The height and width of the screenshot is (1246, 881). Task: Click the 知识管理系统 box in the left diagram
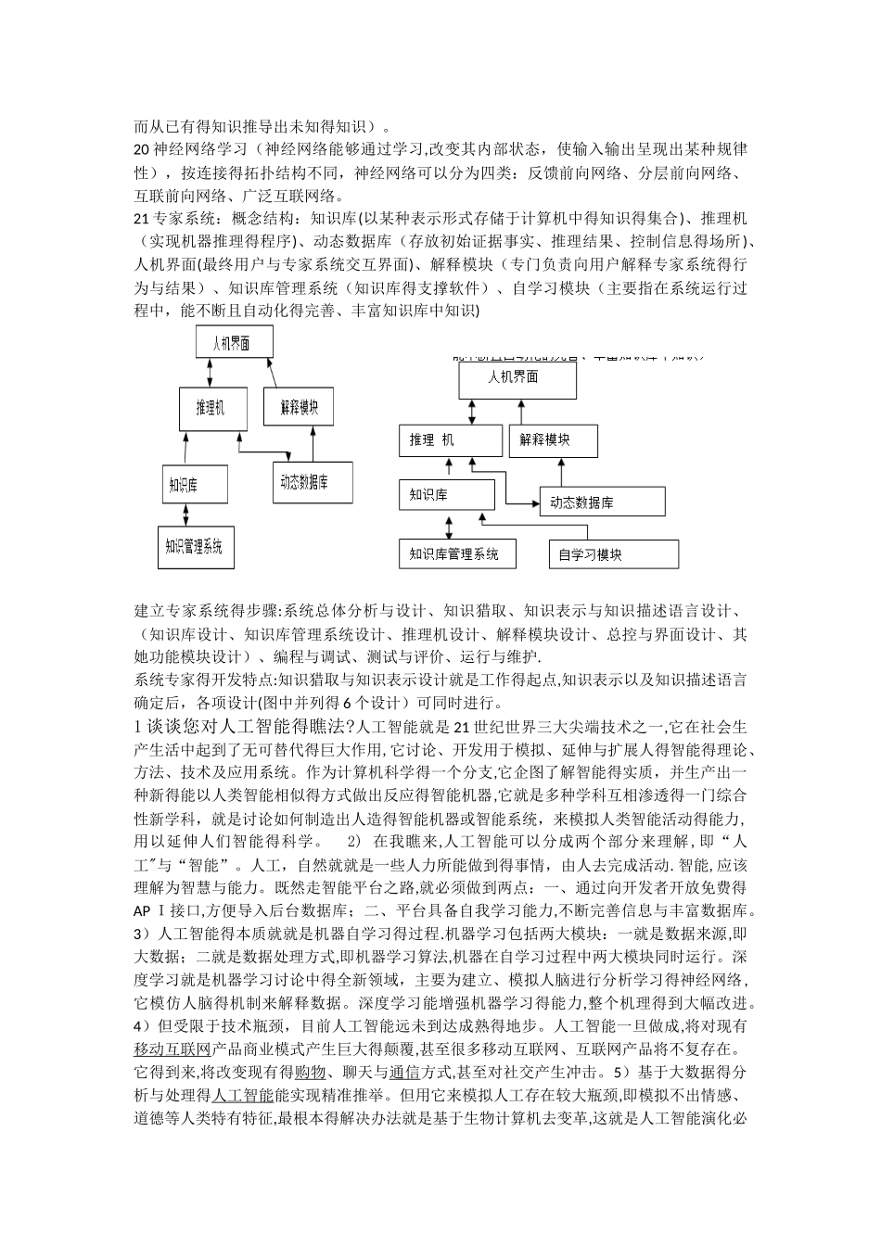click(194, 547)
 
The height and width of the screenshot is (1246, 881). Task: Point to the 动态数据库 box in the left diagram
click(313, 481)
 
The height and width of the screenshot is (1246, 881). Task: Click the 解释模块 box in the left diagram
click(299, 406)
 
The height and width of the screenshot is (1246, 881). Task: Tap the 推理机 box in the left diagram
click(214, 408)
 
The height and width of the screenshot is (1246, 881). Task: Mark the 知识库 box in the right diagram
click(444, 495)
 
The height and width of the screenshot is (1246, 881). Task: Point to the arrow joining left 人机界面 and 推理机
click(213, 373)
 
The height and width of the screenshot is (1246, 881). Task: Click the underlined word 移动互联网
click(172, 1049)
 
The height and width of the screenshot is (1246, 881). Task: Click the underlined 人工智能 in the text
click(230, 1094)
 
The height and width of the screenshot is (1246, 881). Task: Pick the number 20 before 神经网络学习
click(142, 149)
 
